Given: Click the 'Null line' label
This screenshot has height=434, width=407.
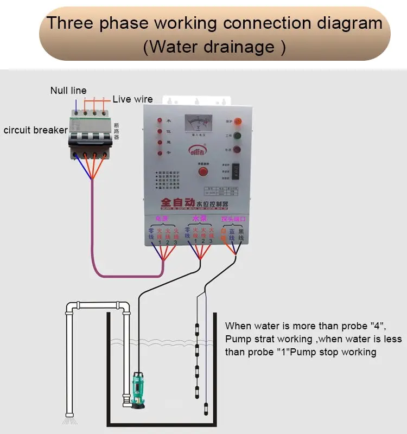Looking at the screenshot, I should click(68, 91).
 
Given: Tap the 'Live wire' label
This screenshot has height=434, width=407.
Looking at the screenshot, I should click(132, 99).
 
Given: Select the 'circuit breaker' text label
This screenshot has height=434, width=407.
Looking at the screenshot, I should click(36, 130).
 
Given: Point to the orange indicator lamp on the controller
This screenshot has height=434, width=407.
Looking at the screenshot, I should click(238, 122).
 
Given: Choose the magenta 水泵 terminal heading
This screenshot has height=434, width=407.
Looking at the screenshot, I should click(200, 219).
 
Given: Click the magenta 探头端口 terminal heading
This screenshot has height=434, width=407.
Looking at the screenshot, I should click(234, 219).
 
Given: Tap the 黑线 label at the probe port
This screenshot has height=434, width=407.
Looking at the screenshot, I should click(241, 235).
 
